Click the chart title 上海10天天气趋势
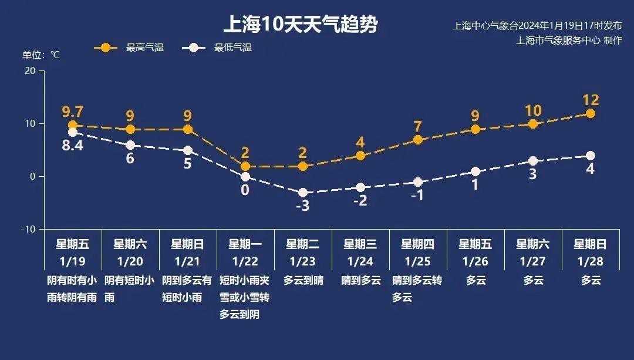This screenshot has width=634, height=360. coord(300,25)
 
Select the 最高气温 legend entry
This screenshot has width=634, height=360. coord(144,48)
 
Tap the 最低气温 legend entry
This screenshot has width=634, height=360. coord(232,48)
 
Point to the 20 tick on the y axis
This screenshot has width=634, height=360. coord(29,71)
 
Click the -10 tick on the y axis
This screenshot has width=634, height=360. coord(28,229)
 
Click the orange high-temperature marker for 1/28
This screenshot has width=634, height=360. coord(591,113)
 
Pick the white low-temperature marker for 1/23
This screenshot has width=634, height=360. coord(303,193)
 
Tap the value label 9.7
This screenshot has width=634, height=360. coord(73,112)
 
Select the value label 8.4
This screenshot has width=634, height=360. coord(73,145)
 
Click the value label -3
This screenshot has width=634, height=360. coord(302,206)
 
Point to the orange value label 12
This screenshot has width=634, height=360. coord(591,100)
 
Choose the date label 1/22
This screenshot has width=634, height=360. coord(245,261)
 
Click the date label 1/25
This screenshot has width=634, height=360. coord(418,261)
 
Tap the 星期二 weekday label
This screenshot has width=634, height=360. coord(303,244)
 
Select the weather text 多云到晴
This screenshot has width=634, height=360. coord(303,281)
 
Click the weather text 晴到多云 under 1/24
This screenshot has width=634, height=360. coord(360,281)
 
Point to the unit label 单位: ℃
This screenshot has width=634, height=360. coord(41,55)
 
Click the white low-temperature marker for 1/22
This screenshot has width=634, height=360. coord(245,177)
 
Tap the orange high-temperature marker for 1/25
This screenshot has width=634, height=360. coord(418,140)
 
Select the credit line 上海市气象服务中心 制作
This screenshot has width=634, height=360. coord(569,40)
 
